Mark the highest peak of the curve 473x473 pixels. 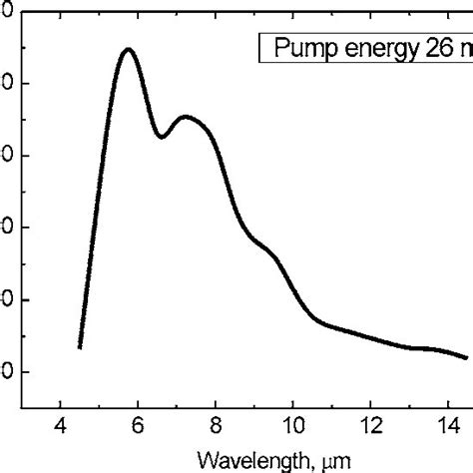point(128,49)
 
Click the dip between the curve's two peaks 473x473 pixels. point(162,137)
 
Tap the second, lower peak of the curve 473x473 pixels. point(186,117)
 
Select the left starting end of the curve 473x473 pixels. point(80,347)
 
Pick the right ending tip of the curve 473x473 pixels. point(466,357)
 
